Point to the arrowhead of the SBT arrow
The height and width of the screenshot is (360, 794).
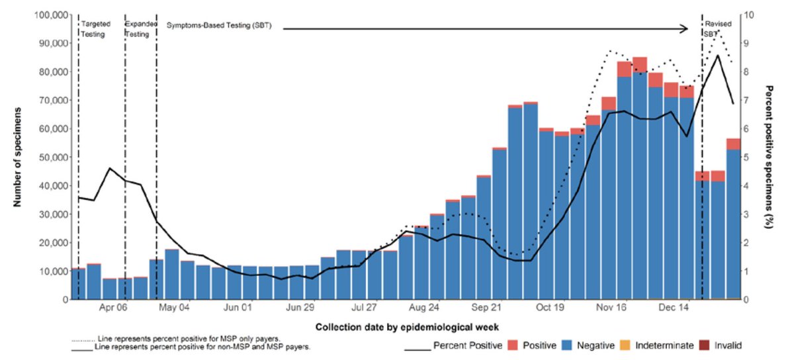(688, 28)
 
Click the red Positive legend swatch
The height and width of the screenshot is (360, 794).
(513, 345)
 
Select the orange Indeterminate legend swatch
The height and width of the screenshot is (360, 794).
(625, 345)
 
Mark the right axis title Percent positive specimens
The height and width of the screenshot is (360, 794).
(769, 156)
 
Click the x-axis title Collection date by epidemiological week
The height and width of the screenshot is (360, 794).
(406, 327)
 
